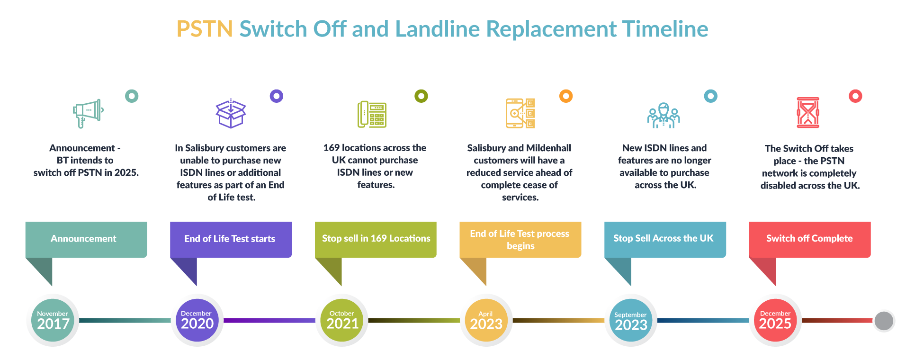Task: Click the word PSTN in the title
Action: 204,29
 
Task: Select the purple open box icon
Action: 231,114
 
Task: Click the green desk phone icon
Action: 372,114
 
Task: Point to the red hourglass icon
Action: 808,113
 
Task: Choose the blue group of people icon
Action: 664,116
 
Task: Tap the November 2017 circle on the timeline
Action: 53,320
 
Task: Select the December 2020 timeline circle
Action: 197,320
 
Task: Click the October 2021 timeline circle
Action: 342,320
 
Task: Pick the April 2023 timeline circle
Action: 486,320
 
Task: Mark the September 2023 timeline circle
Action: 630,321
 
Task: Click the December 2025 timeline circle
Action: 775,320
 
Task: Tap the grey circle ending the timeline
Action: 883,321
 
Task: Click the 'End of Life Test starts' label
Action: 230,239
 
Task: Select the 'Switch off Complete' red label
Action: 809,238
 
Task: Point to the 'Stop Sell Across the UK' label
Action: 663,238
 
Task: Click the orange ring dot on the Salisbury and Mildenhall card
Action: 566,96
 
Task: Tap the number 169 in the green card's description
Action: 332,148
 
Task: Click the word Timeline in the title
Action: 665,29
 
